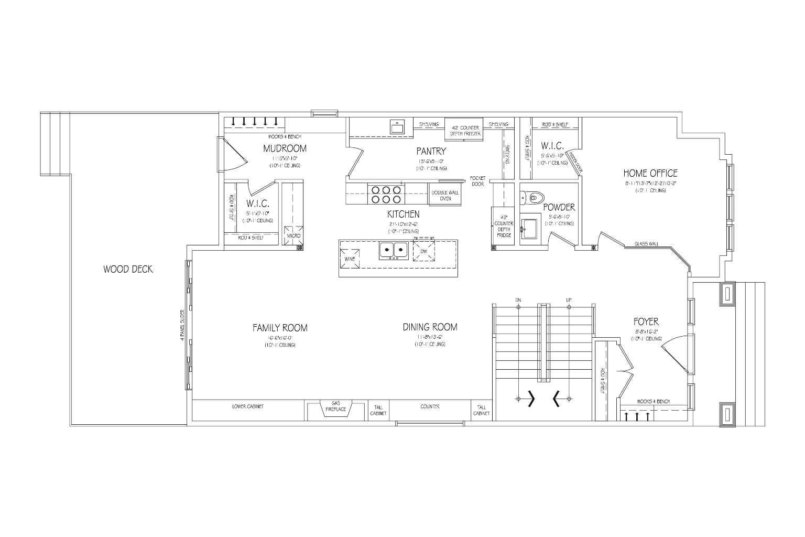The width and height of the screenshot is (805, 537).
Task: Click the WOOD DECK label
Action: coord(128,269)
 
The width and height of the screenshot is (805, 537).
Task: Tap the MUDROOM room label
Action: coord(285,148)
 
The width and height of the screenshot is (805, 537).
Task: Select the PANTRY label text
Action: coord(431,152)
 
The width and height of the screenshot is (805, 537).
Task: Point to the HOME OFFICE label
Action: coord(650,173)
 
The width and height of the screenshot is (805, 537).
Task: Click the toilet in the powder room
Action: coord(531,198)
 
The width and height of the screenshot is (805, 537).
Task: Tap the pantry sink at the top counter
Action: coord(397,127)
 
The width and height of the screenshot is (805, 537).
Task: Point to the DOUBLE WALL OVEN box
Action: coord(444,195)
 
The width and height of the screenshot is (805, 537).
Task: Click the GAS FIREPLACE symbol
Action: coord(336,407)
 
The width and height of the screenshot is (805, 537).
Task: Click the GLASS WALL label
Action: coord(646,244)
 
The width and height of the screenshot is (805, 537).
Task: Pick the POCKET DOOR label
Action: coord(477,181)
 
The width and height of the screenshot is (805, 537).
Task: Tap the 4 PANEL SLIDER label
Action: coord(182,325)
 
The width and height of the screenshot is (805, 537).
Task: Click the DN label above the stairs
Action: coord(518,300)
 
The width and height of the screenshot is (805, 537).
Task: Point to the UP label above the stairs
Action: coord(569,300)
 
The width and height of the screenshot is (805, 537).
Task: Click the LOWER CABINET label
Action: coord(247,406)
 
